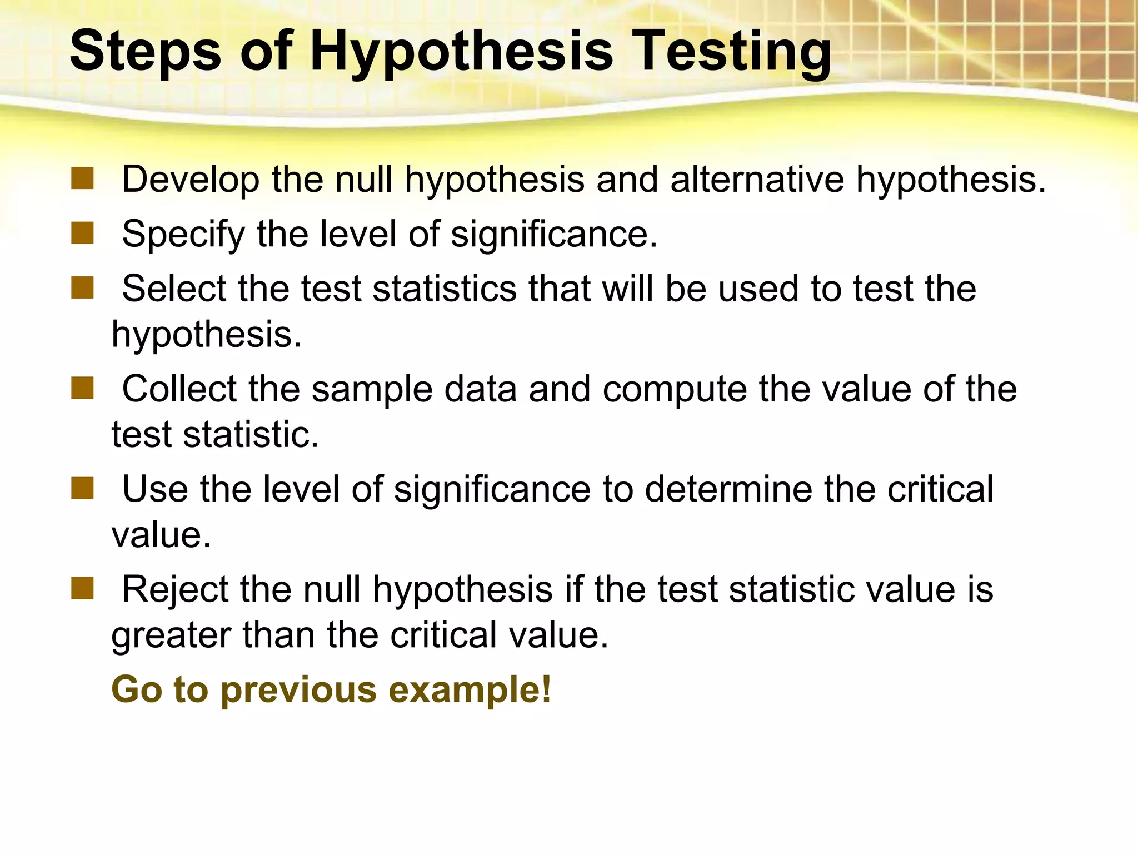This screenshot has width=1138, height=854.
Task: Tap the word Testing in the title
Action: click(733, 51)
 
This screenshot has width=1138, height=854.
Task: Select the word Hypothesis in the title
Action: click(461, 51)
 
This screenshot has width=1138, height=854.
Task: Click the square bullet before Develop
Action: click(82, 179)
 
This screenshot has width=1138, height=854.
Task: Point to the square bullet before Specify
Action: click(82, 234)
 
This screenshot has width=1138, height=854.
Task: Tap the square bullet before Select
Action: click(82, 288)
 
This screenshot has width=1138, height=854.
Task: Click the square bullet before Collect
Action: click(82, 388)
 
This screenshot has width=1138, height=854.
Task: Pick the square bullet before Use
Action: click(82, 489)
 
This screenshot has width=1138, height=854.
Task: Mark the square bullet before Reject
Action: click(82, 588)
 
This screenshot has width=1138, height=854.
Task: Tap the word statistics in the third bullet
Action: click(445, 289)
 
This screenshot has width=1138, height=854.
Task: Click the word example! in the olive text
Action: click(470, 690)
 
